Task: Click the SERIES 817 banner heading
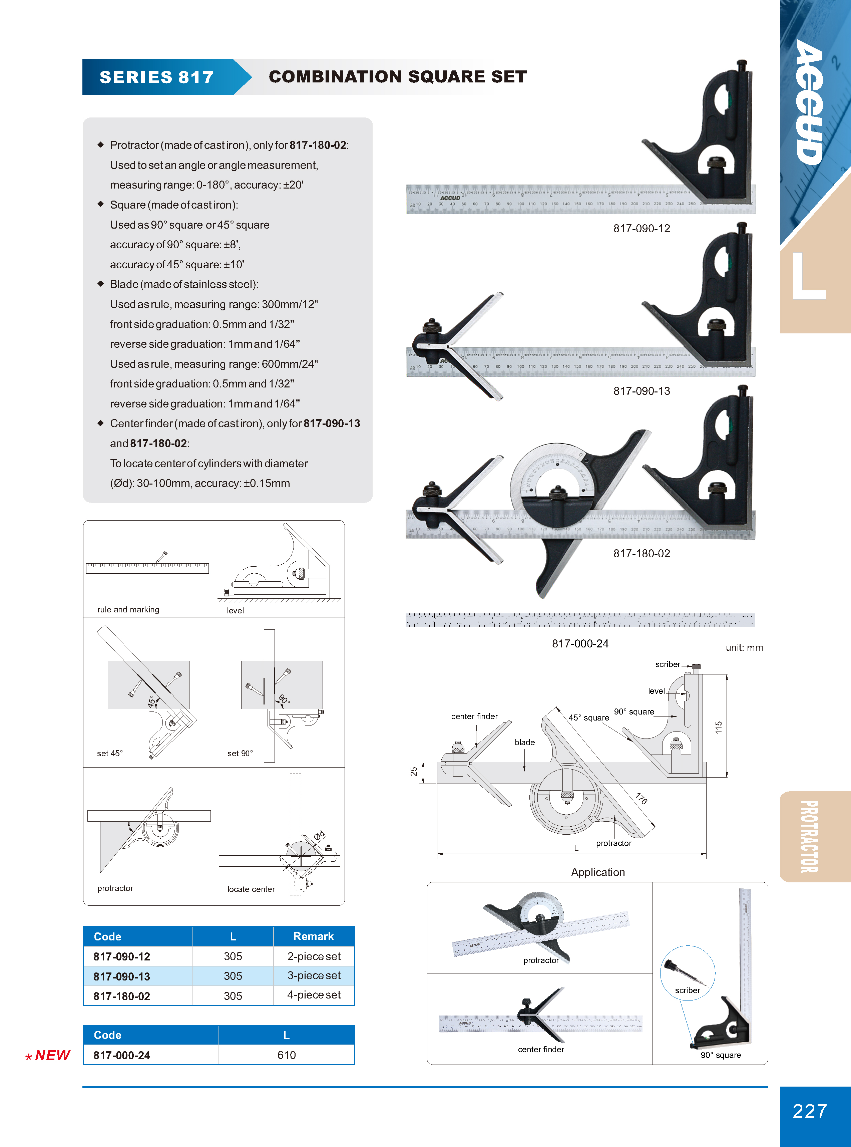pos(156,77)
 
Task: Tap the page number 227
pos(809,1111)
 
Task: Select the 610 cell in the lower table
pos(287,1055)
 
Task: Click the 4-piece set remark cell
pos(314,995)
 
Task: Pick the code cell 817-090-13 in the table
pos(122,976)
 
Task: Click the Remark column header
pos(313,936)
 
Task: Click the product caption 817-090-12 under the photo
pos(642,228)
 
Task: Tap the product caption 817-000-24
pos(580,643)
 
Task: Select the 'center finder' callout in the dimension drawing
pos(474,716)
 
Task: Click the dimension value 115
pos(719,727)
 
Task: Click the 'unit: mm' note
pos(744,648)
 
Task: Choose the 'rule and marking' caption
pos(128,610)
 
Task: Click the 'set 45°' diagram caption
pos(110,753)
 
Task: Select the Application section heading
pos(597,872)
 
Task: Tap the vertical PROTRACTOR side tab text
pos(809,836)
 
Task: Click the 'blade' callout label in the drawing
pos(524,742)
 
